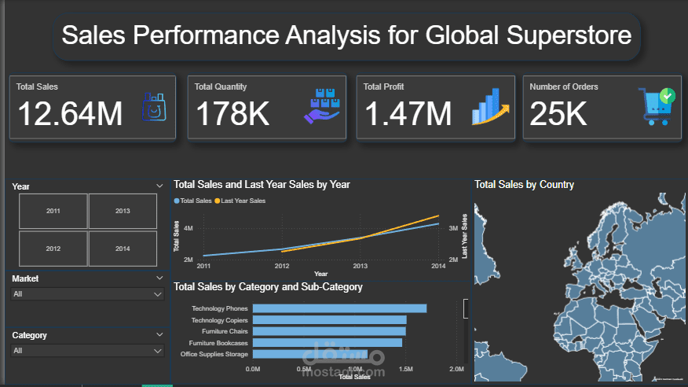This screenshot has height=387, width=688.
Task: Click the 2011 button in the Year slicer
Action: [x=53, y=211]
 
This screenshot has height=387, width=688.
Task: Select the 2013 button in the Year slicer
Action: [x=123, y=211]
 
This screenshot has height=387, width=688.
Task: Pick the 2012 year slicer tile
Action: [x=53, y=249]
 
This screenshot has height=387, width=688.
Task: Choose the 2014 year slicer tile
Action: [x=123, y=249]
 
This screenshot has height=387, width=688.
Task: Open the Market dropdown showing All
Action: [x=87, y=293]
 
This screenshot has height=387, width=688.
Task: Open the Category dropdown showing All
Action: [x=87, y=351]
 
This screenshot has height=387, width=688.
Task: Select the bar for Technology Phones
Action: [x=339, y=308]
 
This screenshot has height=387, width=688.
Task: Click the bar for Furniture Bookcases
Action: [x=327, y=342]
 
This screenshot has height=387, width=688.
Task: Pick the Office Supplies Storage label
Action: [x=214, y=354]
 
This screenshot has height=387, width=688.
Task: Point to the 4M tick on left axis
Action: [x=188, y=228]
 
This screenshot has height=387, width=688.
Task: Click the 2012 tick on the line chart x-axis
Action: [x=282, y=266]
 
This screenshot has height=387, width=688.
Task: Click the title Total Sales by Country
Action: [x=524, y=185]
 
